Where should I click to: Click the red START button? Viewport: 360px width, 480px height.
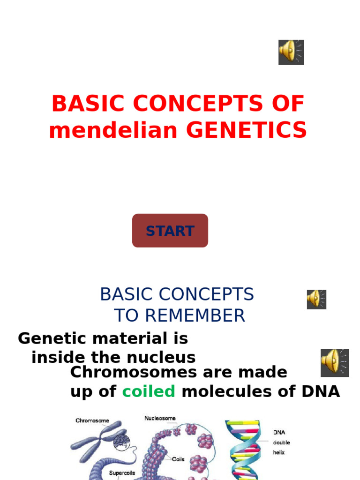170,231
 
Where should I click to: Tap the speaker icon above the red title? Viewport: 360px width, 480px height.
292,52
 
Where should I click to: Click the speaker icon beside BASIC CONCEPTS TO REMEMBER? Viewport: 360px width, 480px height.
316,299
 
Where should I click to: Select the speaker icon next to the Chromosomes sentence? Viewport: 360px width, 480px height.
335,363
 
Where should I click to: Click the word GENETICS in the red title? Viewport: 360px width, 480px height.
247,130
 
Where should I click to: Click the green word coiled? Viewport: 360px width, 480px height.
149,391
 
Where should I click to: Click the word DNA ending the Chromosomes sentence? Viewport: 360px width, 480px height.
322,391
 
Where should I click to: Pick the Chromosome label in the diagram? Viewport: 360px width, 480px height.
92,421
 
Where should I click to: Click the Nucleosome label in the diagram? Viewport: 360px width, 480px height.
160,418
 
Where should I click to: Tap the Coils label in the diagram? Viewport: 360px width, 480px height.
179,459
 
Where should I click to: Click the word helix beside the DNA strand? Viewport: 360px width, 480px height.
279,453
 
